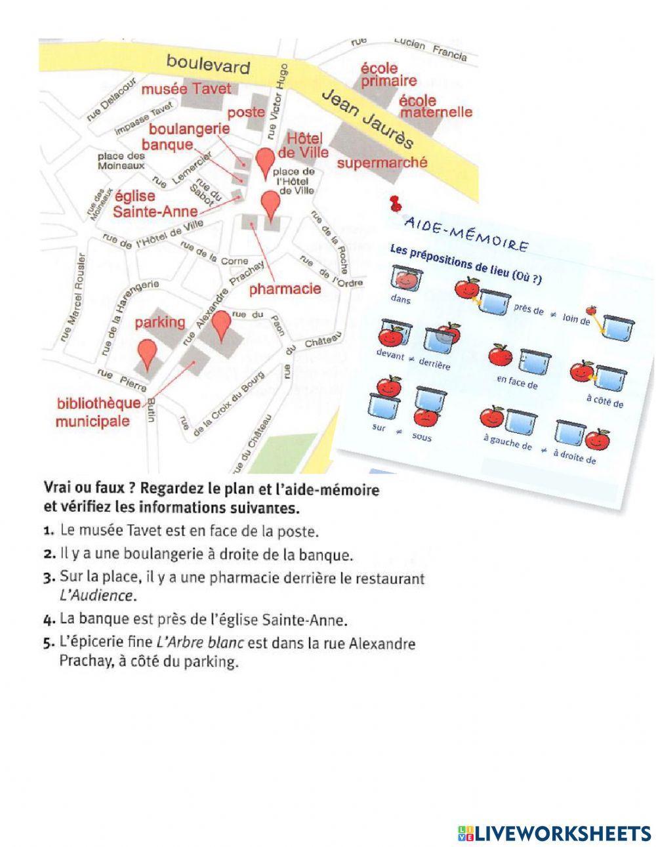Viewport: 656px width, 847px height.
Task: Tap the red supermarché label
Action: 382,161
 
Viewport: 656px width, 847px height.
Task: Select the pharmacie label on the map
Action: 285,288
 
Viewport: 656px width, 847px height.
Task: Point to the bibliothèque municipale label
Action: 98,411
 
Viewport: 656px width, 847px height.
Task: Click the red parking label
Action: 160,323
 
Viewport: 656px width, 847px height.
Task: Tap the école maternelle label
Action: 436,106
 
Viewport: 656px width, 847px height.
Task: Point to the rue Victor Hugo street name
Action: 274,101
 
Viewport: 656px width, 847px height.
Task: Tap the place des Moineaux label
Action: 121,161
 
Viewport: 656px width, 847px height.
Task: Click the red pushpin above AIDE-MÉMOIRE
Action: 394,203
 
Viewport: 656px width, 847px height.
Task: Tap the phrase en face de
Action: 517,382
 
